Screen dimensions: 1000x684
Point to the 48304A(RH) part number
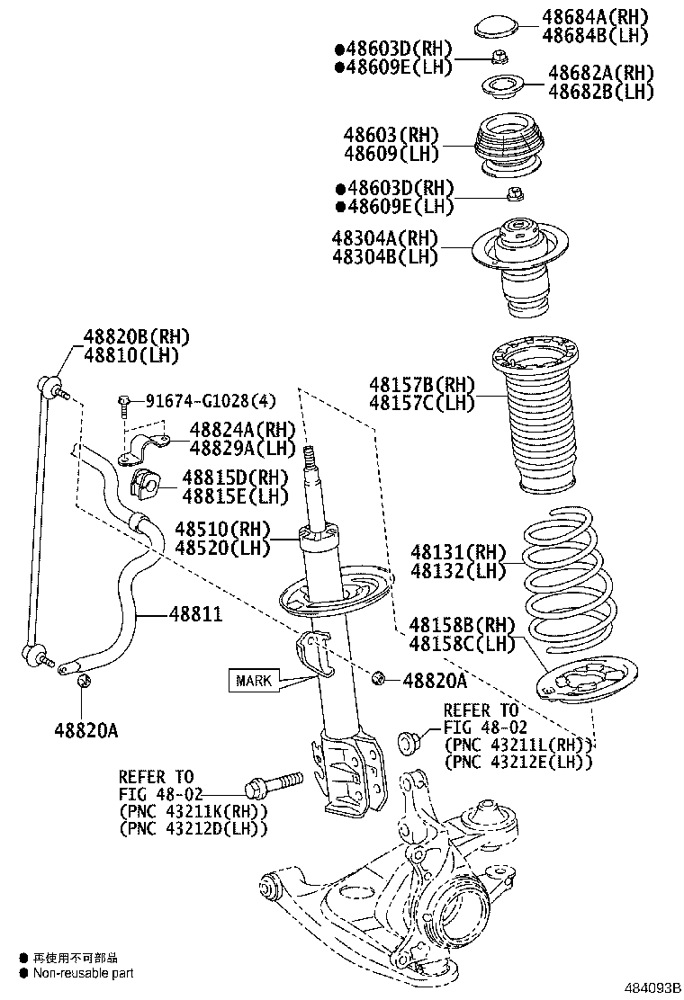(384, 238)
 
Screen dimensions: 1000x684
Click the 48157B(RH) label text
(421, 385)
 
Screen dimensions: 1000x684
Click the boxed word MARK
(254, 680)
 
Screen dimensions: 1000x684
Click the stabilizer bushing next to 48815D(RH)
(145, 483)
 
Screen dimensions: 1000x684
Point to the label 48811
(196, 613)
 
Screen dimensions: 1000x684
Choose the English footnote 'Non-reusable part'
(83, 973)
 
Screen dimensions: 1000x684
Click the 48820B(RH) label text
(137, 337)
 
